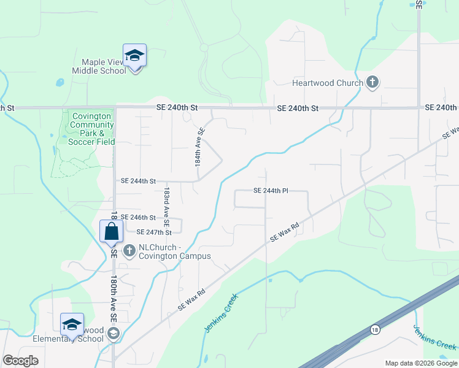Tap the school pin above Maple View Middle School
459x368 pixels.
pyautogui.click(x=134, y=56)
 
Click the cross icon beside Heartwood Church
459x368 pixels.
pyautogui.click(x=372, y=83)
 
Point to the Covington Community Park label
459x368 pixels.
pyautogui.click(x=91, y=125)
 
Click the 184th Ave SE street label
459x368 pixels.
pyautogui.click(x=199, y=147)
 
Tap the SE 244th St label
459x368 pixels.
pyautogui.click(x=138, y=181)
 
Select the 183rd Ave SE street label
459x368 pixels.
pyautogui.click(x=166, y=204)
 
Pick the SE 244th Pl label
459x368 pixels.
pyautogui.click(x=271, y=191)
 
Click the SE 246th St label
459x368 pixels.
pyautogui.click(x=138, y=217)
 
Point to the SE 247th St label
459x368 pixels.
pyautogui.click(x=153, y=232)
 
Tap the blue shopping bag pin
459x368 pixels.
pyautogui.click(x=111, y=232)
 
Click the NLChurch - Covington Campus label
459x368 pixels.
pyautogui.click(x=175, y=251)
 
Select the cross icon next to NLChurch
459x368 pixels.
pyautogui.click(x=129, y=250)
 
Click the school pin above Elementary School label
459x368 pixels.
pyautogui.click(x=72, y=325)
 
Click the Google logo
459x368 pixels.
pyautogui.click(x=21, y=361)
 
